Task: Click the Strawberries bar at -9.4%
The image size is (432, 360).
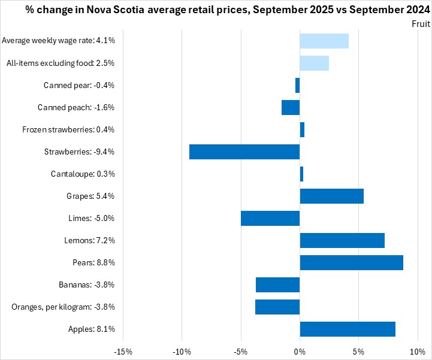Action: [x=244, y=152]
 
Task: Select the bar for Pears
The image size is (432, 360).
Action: [x=351, y=262]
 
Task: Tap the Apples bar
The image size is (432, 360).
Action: [x=348, y=329]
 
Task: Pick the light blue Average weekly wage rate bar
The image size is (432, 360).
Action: [x=324, y=41]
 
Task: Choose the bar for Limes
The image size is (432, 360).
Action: [x=270, y=218]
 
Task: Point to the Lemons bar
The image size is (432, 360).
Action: [x=342, y=240]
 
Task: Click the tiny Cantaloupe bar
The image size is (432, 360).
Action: [x=301, y=174]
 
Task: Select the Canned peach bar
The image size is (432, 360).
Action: [x=291, y=107]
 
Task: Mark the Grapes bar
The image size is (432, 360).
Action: [x=331, y=196]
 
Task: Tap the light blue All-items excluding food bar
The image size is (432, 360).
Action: [x=315, y=63]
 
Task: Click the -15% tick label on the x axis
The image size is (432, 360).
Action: [x=123, y=350]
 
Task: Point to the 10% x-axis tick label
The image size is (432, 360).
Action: [x=417, y=350]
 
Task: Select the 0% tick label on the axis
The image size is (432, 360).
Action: [x=300, y=350]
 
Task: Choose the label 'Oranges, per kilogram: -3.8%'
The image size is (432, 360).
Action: [x=63, y=307]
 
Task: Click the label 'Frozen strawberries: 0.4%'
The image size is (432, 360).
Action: [x=68, y=129]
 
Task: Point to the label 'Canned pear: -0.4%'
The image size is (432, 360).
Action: [x=79, y=85]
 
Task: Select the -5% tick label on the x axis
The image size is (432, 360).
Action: [x=241, y=350]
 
